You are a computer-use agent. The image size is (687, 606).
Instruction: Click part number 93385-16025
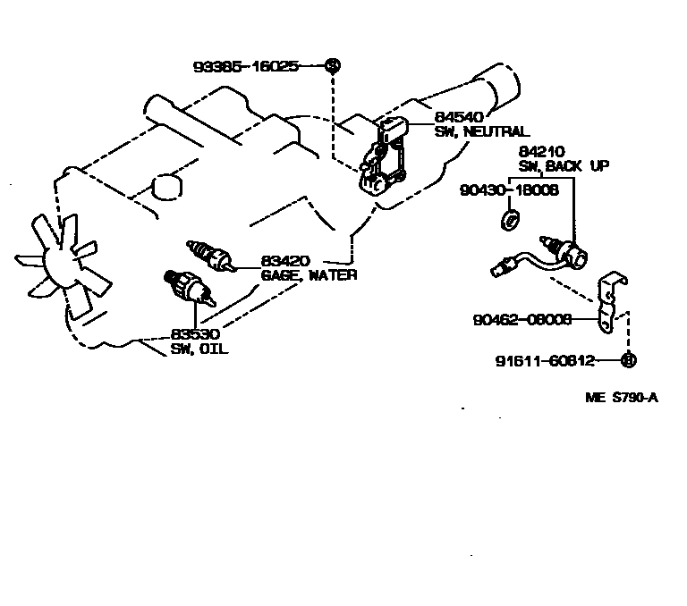[x=245, y=66]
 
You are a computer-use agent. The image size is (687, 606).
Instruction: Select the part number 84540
[x=456, y=117]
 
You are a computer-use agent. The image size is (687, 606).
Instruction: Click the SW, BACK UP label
[x=564, y=167]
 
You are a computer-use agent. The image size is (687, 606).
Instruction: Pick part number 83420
[x=285, y=262]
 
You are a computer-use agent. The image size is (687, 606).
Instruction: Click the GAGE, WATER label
[x=309, y=275]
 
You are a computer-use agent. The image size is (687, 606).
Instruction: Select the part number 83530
[x=196, y=334]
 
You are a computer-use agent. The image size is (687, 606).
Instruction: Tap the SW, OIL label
[x=199, y=349]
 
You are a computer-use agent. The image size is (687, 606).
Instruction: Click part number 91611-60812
[x=545, y=361]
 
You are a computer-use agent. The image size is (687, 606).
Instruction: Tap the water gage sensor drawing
[x=209, y=255]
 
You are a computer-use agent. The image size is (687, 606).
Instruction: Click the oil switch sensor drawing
[x=185, y=288]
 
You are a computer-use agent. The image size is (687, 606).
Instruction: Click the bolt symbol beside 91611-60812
[x=627, y=361]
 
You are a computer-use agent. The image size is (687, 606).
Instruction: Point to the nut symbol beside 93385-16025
[x=332, y=65]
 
